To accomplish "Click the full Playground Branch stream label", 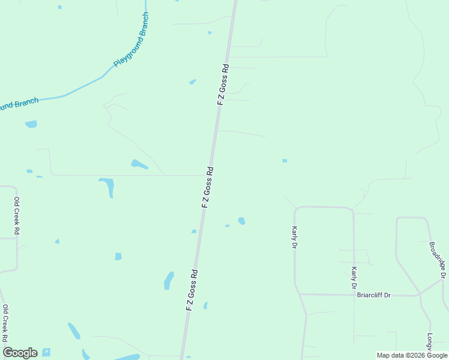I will tap(131, 40).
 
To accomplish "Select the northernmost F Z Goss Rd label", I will tap(223, 85).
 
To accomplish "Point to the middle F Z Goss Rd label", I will tap(208, 187).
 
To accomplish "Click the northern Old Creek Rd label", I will tap(17, 215).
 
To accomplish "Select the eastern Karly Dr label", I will tap(354, 277).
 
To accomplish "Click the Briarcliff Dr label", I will tap(374, 295).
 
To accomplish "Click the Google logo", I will tap(20, 353).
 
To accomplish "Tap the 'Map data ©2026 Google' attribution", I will tap(412, 355).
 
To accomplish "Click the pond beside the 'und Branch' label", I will tap(31, 124).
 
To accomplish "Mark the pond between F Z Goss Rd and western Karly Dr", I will tap(241, 221).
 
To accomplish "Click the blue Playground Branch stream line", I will tap(84, 86).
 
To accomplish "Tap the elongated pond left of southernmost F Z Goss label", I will tap(169, 280).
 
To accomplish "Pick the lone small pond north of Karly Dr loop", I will tap(285, 161).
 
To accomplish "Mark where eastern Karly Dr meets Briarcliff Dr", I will tap(354, 295).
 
